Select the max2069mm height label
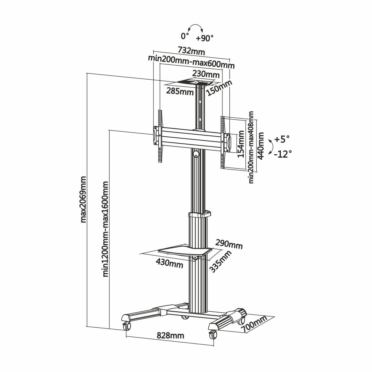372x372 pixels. (83, 199)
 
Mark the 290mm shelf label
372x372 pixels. (230, 245)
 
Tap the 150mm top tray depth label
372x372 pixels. (219, 88)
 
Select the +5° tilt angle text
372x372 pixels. (282, 139)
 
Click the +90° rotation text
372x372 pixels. (205, 38)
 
